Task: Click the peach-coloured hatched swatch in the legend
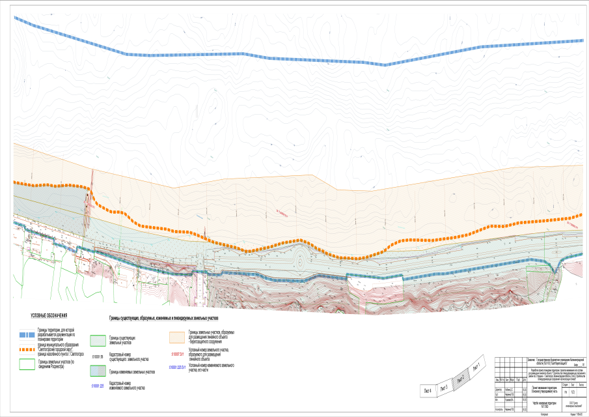177,337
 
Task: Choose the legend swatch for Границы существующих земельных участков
98,340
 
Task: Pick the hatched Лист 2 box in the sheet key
460,379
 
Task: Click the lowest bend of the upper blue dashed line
385,65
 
